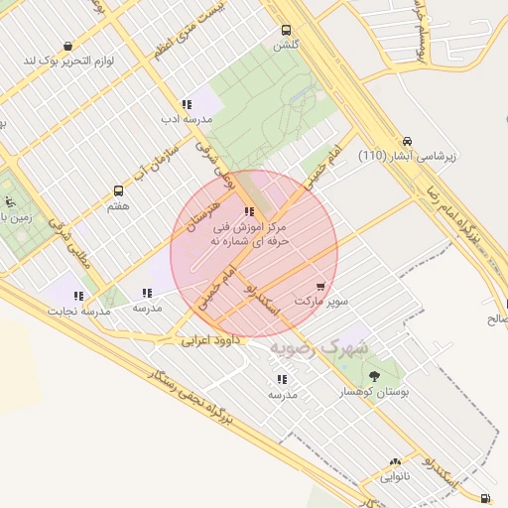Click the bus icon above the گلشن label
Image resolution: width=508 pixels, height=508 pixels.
(x=287, y=30)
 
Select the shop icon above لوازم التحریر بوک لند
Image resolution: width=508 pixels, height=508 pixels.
(x=67, y=46)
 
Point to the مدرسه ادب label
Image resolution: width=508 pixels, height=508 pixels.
(x=188, y=118)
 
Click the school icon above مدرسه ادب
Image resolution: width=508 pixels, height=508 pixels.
(x=187, y=103)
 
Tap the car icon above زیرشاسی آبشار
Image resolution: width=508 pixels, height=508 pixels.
(x=409, y=141)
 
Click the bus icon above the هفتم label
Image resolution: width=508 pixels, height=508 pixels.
(x=119, y=190)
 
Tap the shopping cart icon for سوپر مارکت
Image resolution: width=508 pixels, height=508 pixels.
(x=319, y=287)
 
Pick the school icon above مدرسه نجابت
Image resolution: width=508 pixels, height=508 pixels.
(x=78, y=296)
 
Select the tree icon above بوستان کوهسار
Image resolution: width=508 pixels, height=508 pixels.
(x=374, y=377)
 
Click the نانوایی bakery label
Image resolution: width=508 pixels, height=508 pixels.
(x=396, y=476)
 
